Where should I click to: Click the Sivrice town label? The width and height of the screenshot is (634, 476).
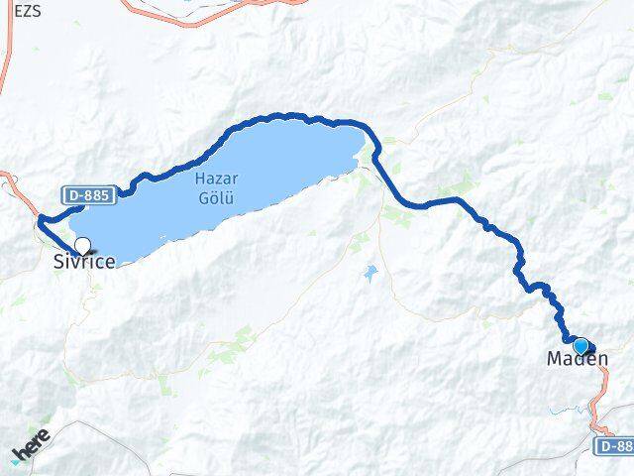[84, 262]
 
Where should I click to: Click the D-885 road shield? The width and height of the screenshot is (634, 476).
[89, 196]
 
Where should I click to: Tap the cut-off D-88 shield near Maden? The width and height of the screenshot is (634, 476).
[614, 447]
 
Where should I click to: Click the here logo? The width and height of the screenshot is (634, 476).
[31, 445]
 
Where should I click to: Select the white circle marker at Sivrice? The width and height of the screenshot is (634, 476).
[82, 245]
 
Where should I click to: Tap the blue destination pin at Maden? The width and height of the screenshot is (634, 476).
[581, 346]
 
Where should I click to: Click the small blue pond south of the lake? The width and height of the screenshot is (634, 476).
[370, 272]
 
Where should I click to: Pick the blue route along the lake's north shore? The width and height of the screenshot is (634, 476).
[267, 119]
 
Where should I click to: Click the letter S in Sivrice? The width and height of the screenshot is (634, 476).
[57, 262]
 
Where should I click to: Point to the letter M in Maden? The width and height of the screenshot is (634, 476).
[555, 359]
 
